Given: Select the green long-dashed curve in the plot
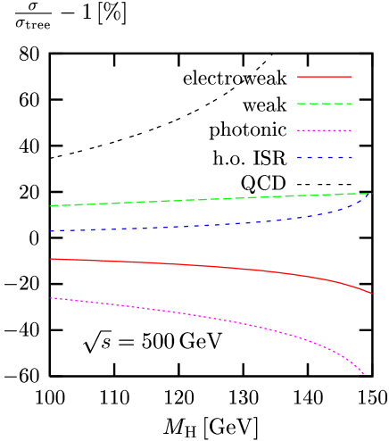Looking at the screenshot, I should point(178,200).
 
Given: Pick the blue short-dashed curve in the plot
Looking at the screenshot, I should point(178,227).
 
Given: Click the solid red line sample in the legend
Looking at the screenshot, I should point(325,77).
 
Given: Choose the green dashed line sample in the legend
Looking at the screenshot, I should point(325,104).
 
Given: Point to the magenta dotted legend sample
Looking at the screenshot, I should point(325,131).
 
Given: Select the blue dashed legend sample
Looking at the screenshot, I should point(325,158).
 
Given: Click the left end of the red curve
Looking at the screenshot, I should point(51,259).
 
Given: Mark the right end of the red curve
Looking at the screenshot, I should point(371,293).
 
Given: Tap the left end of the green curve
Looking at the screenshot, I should point(51,206).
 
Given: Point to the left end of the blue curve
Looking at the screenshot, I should point(51,231).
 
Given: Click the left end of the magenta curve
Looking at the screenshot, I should point(51,298).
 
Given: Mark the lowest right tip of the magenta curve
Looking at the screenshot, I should point(364,375).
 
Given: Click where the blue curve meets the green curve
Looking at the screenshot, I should point(368,193).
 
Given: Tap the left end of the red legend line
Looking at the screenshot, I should point(298,77).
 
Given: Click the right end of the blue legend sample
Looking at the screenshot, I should point(352,158).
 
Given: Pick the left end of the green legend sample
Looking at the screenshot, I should point(298,104).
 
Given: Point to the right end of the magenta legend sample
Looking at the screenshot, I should point(352,131).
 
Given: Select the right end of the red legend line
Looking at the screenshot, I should point(352,77).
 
